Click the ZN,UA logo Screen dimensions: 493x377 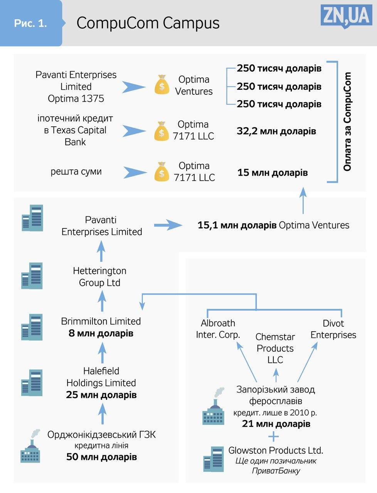(346, 17)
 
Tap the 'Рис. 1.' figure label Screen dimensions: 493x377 (30, 23)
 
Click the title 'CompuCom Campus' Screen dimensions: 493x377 (148, 23)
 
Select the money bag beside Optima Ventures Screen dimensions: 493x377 (162, 85)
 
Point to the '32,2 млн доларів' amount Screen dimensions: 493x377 (276, 131)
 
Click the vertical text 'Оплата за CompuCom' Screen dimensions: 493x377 (347, 121)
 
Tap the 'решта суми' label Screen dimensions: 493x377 (76, 171)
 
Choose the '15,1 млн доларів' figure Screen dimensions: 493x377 (237, 225)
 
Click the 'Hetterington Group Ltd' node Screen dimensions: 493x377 (100, 277)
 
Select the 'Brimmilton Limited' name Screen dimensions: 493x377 (101, 321)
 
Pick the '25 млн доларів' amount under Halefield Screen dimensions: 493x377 (101, 395)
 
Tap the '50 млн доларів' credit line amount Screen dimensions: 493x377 (101, 457)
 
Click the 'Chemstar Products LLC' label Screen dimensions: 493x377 (275, 348)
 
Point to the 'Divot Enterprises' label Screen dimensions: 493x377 (333, 329)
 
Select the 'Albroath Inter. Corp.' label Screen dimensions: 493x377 (218, 329)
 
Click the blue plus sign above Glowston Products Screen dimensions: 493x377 (273, 437)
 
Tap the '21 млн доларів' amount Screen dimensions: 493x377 (276, 424)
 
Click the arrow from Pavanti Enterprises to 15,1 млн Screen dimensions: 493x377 (167, 225)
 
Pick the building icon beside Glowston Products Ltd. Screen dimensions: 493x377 (214, 459)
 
